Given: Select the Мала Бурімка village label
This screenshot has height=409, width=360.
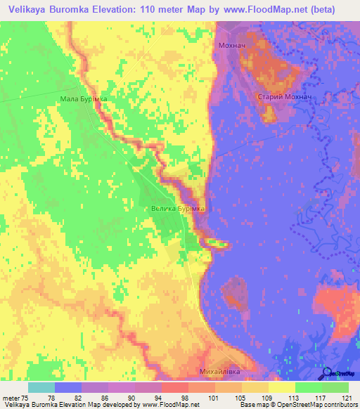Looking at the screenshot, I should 84,100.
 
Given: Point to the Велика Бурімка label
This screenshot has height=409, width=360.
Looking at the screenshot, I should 178,209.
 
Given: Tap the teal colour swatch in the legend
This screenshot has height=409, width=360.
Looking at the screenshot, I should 41,387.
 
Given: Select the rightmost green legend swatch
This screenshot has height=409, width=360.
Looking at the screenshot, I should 335,387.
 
